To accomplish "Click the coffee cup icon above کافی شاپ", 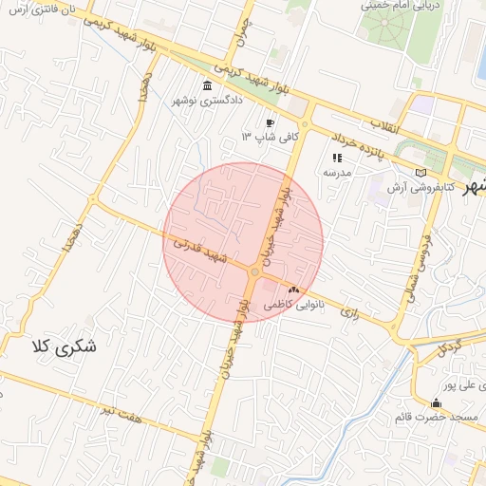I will click(271, 122).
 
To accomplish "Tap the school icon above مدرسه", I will click(336, 159).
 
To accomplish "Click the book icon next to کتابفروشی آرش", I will click(421, 173).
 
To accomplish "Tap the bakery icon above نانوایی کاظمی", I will click(293, 289).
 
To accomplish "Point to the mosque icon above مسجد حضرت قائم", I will click(436, 402).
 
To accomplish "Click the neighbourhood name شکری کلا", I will click(64, 346).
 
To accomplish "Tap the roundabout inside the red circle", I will click(254, 273).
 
